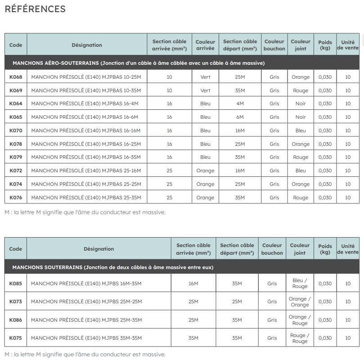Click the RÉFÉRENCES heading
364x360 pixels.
click(x=35, y=9)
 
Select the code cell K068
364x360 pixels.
click(x=16, y=77)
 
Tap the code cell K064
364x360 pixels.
click(x=16, y=103)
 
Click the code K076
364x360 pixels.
click(x=16, y=197)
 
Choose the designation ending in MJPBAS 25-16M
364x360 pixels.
click(x=86, y=171)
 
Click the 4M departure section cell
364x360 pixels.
click(x=240, y=103)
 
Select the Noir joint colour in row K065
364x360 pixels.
click(x=300, y=117)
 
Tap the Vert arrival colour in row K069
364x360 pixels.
click(x=205, y=90)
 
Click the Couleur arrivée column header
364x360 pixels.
click(x=205, y=45)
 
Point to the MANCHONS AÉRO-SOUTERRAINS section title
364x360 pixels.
click(x=139, y=63)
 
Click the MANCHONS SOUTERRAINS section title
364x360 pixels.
click(x=112, y=267)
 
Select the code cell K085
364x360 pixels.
click(x=16, y=283)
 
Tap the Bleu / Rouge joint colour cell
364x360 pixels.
click(x=300, y=283)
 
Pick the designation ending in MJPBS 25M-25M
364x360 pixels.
click(x=86, y=301)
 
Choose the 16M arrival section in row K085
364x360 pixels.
click(x=193, y=283)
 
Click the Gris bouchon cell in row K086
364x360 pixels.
click(x=272, y=320)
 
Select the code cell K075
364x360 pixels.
click(x=16, y=338)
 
